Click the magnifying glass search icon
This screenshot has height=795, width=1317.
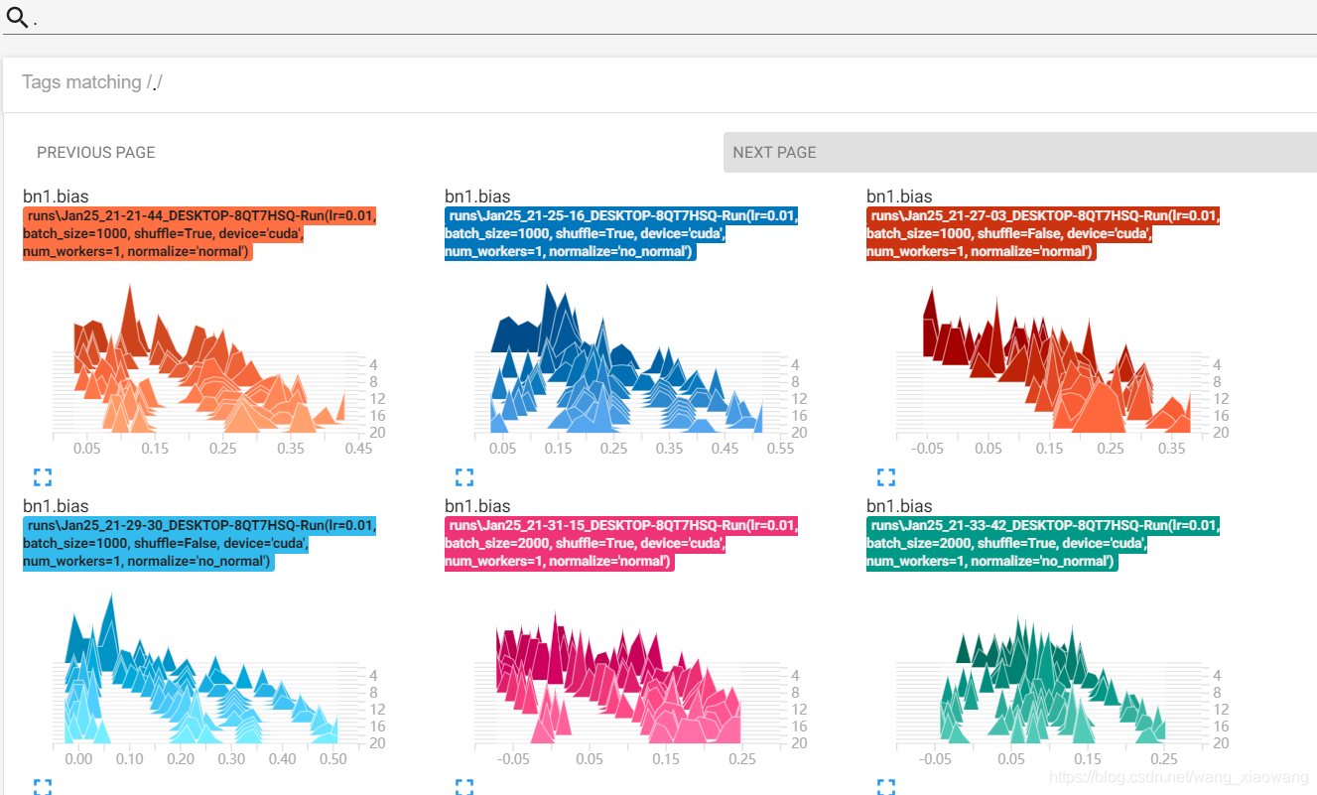[17, 17]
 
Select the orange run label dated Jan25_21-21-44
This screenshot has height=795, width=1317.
[199, 233]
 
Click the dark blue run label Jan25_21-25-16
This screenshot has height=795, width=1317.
[621, 233]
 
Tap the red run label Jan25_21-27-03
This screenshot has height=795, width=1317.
[1043, 233]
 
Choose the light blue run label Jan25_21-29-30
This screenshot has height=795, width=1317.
[199, 543]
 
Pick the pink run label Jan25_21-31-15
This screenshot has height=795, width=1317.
[621, 543]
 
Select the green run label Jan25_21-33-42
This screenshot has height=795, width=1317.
[1043, 543]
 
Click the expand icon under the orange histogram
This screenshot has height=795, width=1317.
[43, 476]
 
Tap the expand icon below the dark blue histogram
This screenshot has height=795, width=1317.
[464, 476]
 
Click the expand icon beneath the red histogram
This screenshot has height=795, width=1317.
[886, 476]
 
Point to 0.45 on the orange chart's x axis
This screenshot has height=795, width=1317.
[358, 449]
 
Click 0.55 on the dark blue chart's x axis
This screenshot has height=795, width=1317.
[780, 449]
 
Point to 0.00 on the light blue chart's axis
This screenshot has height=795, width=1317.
[78, 759]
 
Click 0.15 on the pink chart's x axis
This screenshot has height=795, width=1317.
[666, 759]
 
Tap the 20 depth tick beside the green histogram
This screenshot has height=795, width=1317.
[1221, 743]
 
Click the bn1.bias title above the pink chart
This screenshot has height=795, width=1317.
[477, 506]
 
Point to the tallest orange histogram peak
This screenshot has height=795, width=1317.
[130, 286]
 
